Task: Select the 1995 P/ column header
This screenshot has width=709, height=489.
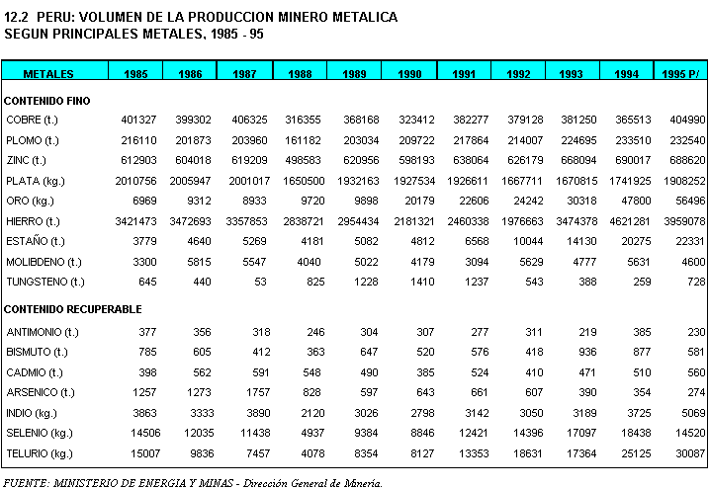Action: click(x=681, y=74)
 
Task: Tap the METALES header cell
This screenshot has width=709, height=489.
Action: click(x=48, y=74)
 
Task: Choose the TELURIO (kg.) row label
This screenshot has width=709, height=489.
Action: click(x=40, y=453)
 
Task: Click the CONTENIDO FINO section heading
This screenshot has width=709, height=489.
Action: click(x=47, y=100)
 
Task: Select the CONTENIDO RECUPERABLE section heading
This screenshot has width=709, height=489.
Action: click(x=73, y=309)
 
